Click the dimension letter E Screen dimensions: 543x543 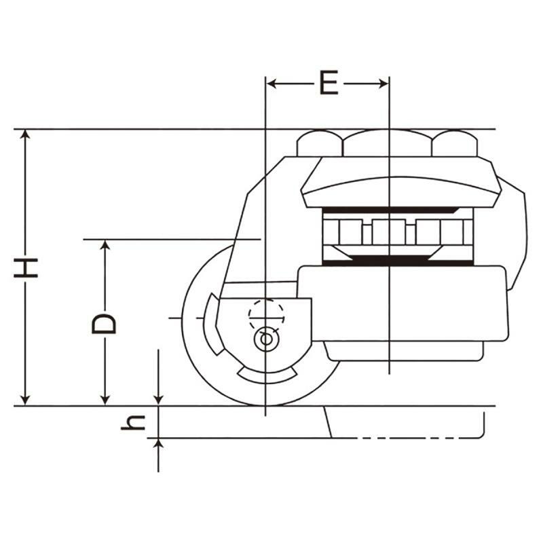(329, 83)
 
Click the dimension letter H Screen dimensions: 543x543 (26, 267)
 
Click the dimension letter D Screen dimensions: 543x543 (104, 324)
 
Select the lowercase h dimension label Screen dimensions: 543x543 (133, 422)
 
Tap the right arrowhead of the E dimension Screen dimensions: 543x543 (383, 83)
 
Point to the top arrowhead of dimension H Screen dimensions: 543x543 (25, 134)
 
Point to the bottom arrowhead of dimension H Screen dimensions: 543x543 (25, 400)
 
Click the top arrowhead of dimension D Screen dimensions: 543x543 (105, 244)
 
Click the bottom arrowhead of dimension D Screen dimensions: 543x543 (105, 400)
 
